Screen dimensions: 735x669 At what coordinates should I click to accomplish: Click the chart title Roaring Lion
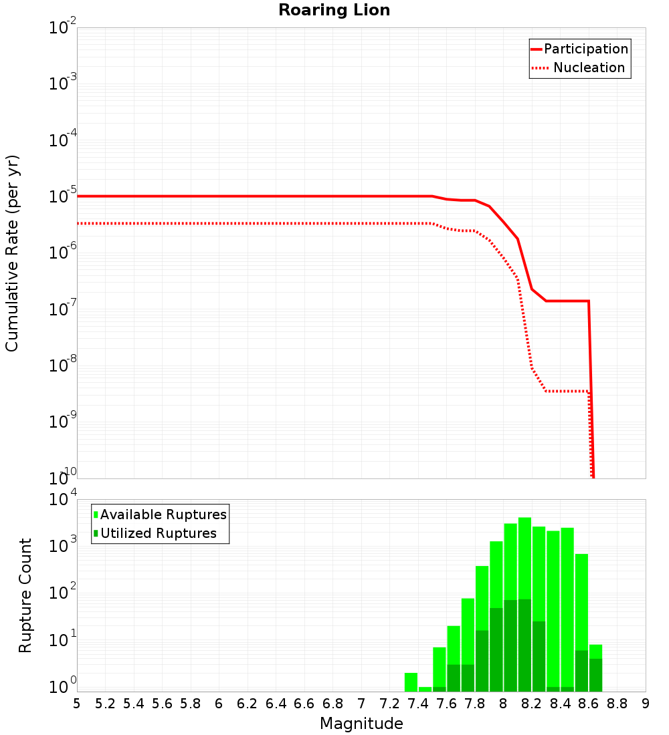pyautogui.click(x=334, y=11)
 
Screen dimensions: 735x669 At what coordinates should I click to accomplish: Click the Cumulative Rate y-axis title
pyautogui.click(x=13, y=253)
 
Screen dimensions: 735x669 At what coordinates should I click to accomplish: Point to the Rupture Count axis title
pyautogui.click(x=25, y=595)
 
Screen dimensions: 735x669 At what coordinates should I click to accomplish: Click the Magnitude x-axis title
pyautogui.click(x=361, y=724)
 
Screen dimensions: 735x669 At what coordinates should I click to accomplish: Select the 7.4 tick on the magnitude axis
pyautogui.click(x=418, y=704)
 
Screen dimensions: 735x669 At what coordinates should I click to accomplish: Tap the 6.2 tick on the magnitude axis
pyautogui.click(x=248, y=704)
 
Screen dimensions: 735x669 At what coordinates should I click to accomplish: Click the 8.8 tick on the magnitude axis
pyautogui.click(x=617, y=704)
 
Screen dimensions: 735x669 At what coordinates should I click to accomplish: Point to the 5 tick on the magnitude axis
pyautogui.click(x=77, y=704)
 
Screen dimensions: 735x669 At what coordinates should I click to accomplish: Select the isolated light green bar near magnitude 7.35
pyautogui.click(x=411, y=682)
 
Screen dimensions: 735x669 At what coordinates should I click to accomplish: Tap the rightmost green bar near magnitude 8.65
pyautogui.click(x=595, y=668)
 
